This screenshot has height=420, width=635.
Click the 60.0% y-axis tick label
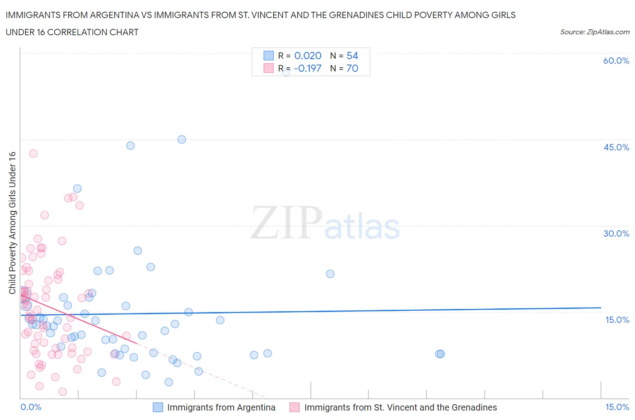click(x=616, y=61)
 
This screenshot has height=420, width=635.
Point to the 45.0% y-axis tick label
click(x=616, y=147)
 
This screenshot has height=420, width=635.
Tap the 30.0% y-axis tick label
click(x=616, y=233)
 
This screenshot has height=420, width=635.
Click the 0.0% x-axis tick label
click(x=31, y=407)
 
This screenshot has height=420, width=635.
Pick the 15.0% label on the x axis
click(x=617, y=407)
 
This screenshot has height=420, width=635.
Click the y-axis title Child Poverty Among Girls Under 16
click(x=12, y=223)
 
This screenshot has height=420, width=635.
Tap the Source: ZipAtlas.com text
click(x=594, y=32)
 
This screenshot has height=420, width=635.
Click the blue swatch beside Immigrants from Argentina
click(x=158, y=407)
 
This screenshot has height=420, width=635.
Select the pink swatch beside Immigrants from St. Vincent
click(x=294, y=407)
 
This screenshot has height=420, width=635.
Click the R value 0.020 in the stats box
click(x=308, y=56)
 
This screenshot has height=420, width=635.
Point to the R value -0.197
click(x=308, y=68)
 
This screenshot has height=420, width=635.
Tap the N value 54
click(x=352, y=56)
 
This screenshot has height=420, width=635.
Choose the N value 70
click(x=352, y=68)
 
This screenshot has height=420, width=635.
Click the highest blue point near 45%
click(x=182, y=140)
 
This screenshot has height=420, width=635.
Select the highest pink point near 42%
click(x=33, y=154)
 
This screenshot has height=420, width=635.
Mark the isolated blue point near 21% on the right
click(x=330, y=274)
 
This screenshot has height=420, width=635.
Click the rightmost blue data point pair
click(x=440, y=354)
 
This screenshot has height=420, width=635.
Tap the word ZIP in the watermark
click(x=286, y=223)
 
